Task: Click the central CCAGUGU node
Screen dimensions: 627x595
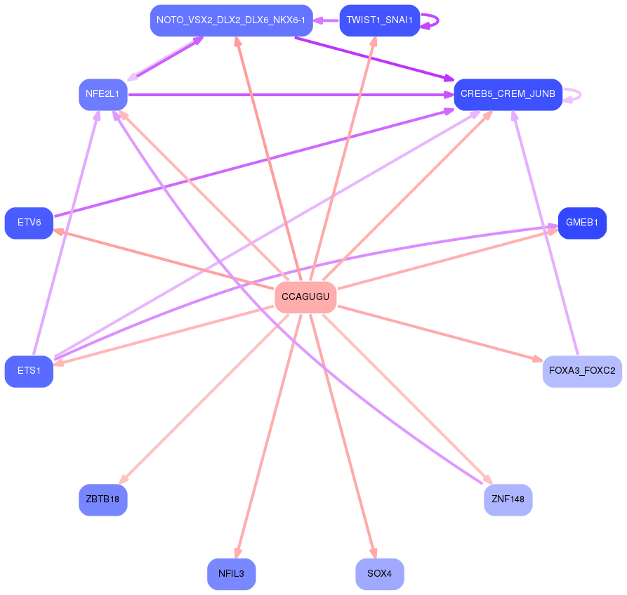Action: (x=305, y=297)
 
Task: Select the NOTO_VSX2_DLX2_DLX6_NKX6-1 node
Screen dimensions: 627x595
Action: (x=231, y=20)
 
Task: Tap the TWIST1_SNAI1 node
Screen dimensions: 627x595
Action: (x=379, y=20)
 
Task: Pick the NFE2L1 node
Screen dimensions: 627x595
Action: (x=103, y=94)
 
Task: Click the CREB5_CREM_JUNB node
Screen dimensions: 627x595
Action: (x=508, y=94)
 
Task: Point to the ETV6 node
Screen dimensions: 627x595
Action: (x=29, y=223)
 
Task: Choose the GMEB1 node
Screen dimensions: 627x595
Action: (x=582, y=223)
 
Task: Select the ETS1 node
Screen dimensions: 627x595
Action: (x=29, y=372)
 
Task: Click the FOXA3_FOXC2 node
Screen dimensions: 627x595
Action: (x=582, y=372)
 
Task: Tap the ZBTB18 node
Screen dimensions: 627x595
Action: (x=103, y=499)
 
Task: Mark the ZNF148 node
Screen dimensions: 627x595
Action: (x=508, y=499)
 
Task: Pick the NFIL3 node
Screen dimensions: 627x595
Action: (x=231, y=574)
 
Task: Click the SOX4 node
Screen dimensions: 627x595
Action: (x=379, y=574)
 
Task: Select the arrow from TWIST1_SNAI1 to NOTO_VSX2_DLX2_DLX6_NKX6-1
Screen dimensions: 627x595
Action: (x=326, y=20)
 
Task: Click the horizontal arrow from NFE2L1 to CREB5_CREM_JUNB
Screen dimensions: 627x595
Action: (x=291, y=95)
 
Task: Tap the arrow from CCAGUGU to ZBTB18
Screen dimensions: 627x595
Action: (x=204, y=399)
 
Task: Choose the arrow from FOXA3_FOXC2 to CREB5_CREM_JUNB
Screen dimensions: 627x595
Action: (x=545, y=233)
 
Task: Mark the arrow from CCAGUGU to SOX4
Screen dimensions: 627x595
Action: (x=343, y=436)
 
